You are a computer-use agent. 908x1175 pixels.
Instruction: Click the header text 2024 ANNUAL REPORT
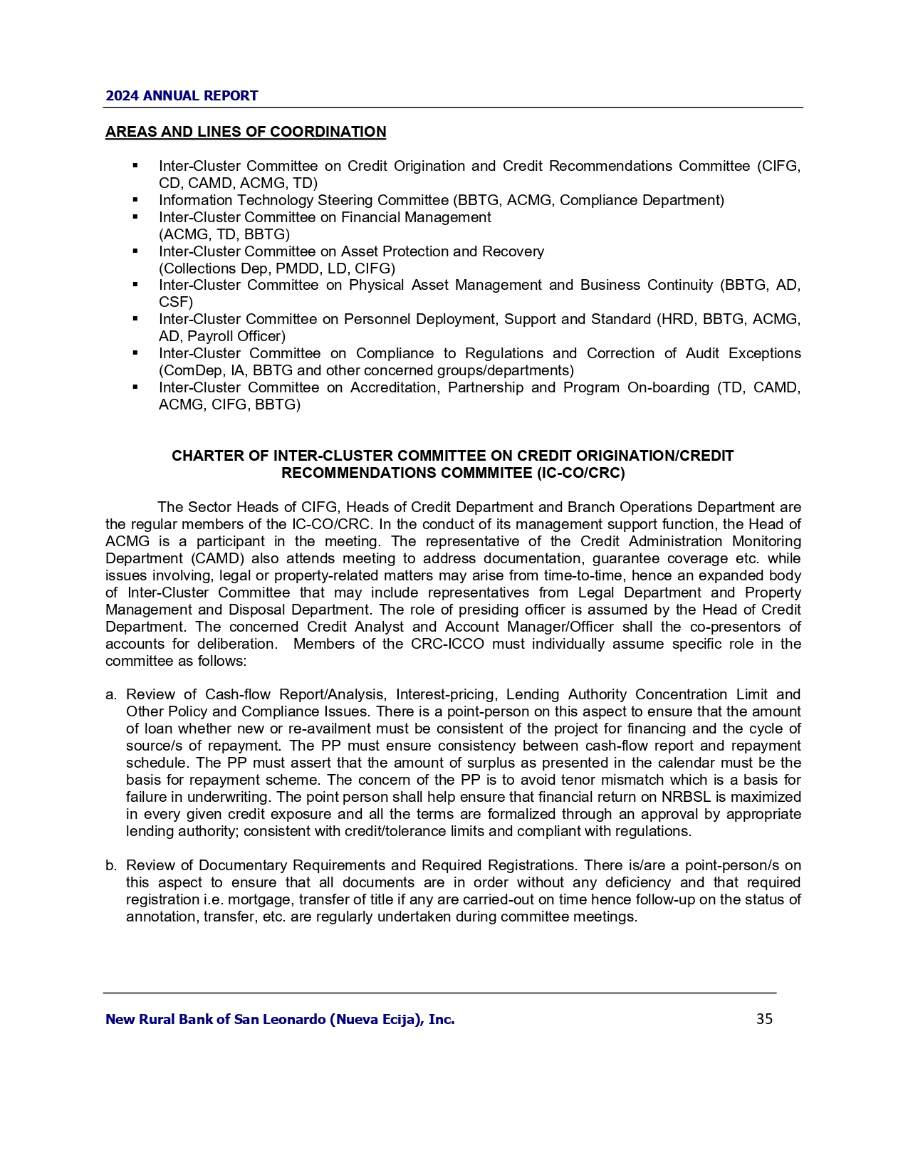[x=182, y=95]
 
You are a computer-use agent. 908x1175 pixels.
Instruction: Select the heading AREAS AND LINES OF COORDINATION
[x=246, y=132]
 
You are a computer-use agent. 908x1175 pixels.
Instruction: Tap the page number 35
[x=764, y=1019]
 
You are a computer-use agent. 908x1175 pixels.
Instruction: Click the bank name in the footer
[x=280, y=1019]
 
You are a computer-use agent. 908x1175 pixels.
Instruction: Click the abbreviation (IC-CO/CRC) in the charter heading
[x=580, y=473]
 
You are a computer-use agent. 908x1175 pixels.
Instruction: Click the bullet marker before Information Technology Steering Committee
[x=135, y=200]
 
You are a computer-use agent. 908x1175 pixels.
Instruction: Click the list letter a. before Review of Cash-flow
[x=111, y=694]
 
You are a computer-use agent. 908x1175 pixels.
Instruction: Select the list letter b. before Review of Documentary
[x=111, y=865]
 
